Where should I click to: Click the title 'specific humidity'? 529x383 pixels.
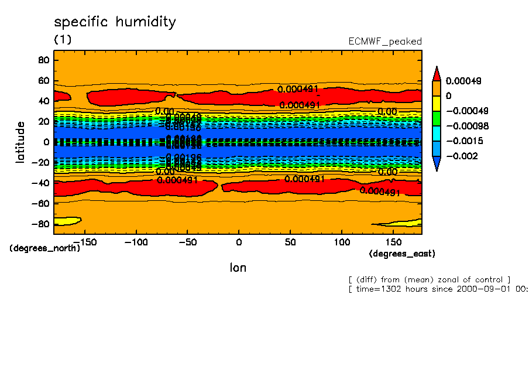pos(115,23)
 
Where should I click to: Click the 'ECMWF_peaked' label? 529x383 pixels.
pos(384,42)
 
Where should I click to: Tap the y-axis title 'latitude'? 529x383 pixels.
pos(20,142)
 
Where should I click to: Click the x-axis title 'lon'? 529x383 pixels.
pos(238,268)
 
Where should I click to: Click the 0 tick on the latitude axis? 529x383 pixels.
pos(46,142)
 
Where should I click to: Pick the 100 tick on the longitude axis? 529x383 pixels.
pos(342,242)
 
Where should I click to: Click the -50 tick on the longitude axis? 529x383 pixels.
pos(187,242)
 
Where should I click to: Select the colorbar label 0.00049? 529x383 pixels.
pos(463,81)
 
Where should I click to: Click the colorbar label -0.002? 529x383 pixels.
pos(462,156)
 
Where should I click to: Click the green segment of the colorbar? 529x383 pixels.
pos(437,118)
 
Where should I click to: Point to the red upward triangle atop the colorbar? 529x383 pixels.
pos(437,74)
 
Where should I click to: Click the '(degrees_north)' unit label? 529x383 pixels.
pos(44,248)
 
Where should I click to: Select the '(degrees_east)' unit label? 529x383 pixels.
pos(402,254)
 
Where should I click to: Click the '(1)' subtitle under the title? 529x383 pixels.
pos(63,39)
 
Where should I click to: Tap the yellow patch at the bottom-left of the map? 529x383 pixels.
pos(66,221)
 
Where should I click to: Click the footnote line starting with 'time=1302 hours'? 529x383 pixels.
pos(438,289)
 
